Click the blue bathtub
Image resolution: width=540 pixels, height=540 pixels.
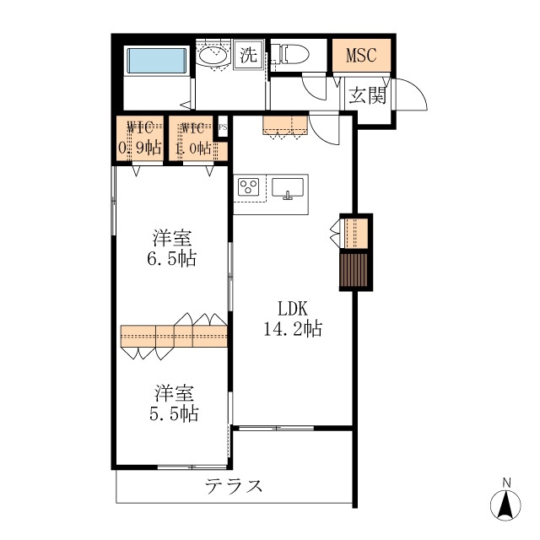[x=157, y=60]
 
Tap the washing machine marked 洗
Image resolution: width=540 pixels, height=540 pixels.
[x=248, y=54]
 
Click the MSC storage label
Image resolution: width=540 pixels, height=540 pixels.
[x=361, y=55]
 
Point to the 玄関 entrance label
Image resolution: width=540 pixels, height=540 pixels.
[x=368, y=95]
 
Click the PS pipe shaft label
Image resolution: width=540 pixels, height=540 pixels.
[x=223, y=127]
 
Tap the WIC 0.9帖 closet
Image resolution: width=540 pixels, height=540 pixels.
[x=140, y=138]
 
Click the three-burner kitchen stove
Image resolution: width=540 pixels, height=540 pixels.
[x=249, y=187]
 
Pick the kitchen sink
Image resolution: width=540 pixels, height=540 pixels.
[x=288, y=188]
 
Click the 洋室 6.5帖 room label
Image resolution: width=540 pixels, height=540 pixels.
[x=172, y=248]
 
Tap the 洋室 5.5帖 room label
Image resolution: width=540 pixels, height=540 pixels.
[x=174, y=403]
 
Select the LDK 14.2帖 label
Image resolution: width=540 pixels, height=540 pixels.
[x=293, y=318]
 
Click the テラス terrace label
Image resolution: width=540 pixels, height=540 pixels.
[x=234, y=486]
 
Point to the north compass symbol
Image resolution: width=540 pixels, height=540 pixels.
[x=505, y=505]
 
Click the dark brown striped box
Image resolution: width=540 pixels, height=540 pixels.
[x=354, y=270]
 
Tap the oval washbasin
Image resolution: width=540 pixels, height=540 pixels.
[x=213, y=56]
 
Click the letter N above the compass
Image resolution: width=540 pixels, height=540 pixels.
[x=506, y=483]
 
